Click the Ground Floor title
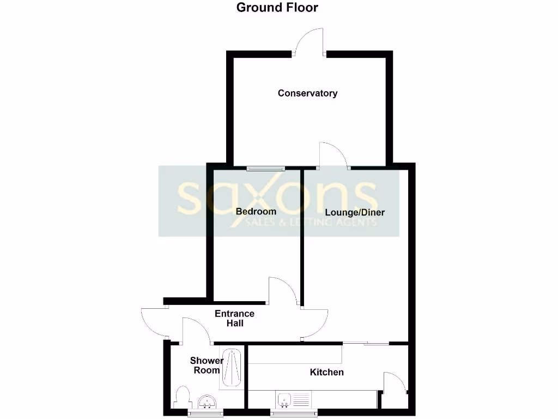tap(277, 8)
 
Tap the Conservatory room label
tap(307, 93)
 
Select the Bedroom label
tap(256, 211)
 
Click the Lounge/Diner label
tap(355, 212)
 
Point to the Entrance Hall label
tap(234, 318)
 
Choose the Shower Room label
tap(206, 365)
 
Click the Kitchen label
tap(327, 372)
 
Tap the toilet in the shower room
tap(183, 397)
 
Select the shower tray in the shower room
tap(233, 368)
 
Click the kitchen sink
tap(284, 400)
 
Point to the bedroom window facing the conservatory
tap(265, 168)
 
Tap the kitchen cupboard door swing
tap(393, 382)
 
